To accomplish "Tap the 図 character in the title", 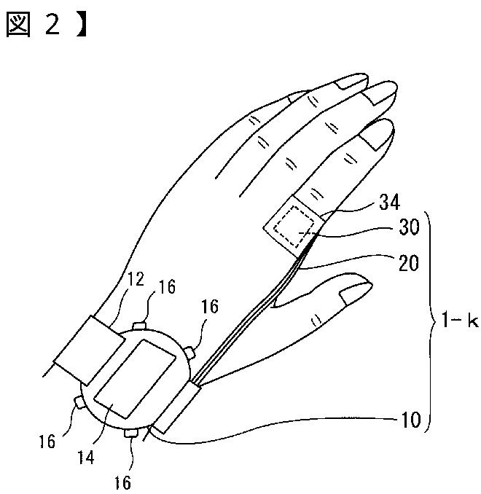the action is (x=20, y=26).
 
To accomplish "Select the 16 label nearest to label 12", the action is (x=167, y=286).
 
